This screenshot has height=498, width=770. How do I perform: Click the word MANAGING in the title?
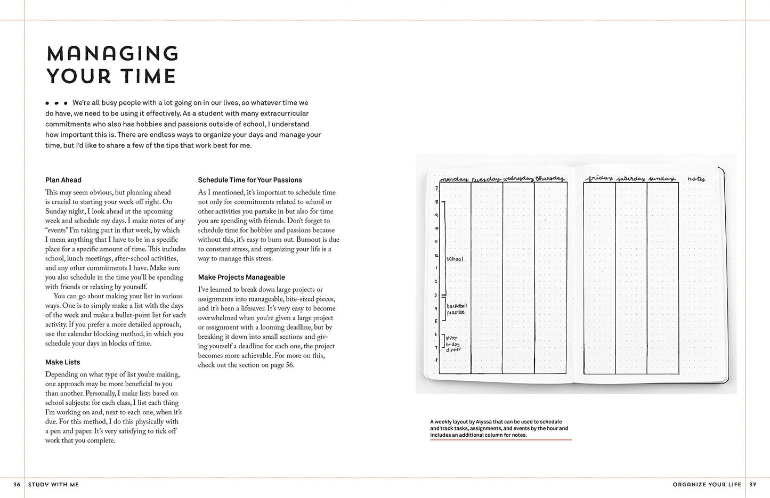pos(112,53)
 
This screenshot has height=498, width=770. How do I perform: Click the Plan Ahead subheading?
pos(63,180)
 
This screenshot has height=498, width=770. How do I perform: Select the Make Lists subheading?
pos(62,362)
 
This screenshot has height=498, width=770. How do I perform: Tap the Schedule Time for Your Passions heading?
pos(250,180)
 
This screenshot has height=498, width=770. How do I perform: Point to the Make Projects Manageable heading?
pos(241,277)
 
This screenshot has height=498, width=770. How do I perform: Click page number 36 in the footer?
pos(17,485)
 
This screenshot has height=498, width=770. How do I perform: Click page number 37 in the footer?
pos(752,485)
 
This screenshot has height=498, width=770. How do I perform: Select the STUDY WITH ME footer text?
pos(53,485)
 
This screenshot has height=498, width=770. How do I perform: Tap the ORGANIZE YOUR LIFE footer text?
pos(707,485)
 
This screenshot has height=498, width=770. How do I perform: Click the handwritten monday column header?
pos(453,179)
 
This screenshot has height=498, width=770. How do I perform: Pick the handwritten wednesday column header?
pos(518,178)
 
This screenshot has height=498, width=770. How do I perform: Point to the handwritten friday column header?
pos(599,178)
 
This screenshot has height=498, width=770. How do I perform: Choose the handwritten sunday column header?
pos(662,178)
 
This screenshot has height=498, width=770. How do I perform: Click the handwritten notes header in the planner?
pos(696,179)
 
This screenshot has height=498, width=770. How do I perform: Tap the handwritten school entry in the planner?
pos(455,259)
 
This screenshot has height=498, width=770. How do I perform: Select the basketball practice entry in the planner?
pos(456,309)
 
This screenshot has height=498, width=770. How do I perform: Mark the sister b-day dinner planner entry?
pos(453,344)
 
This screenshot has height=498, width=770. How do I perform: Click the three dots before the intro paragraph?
pos(56,103)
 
